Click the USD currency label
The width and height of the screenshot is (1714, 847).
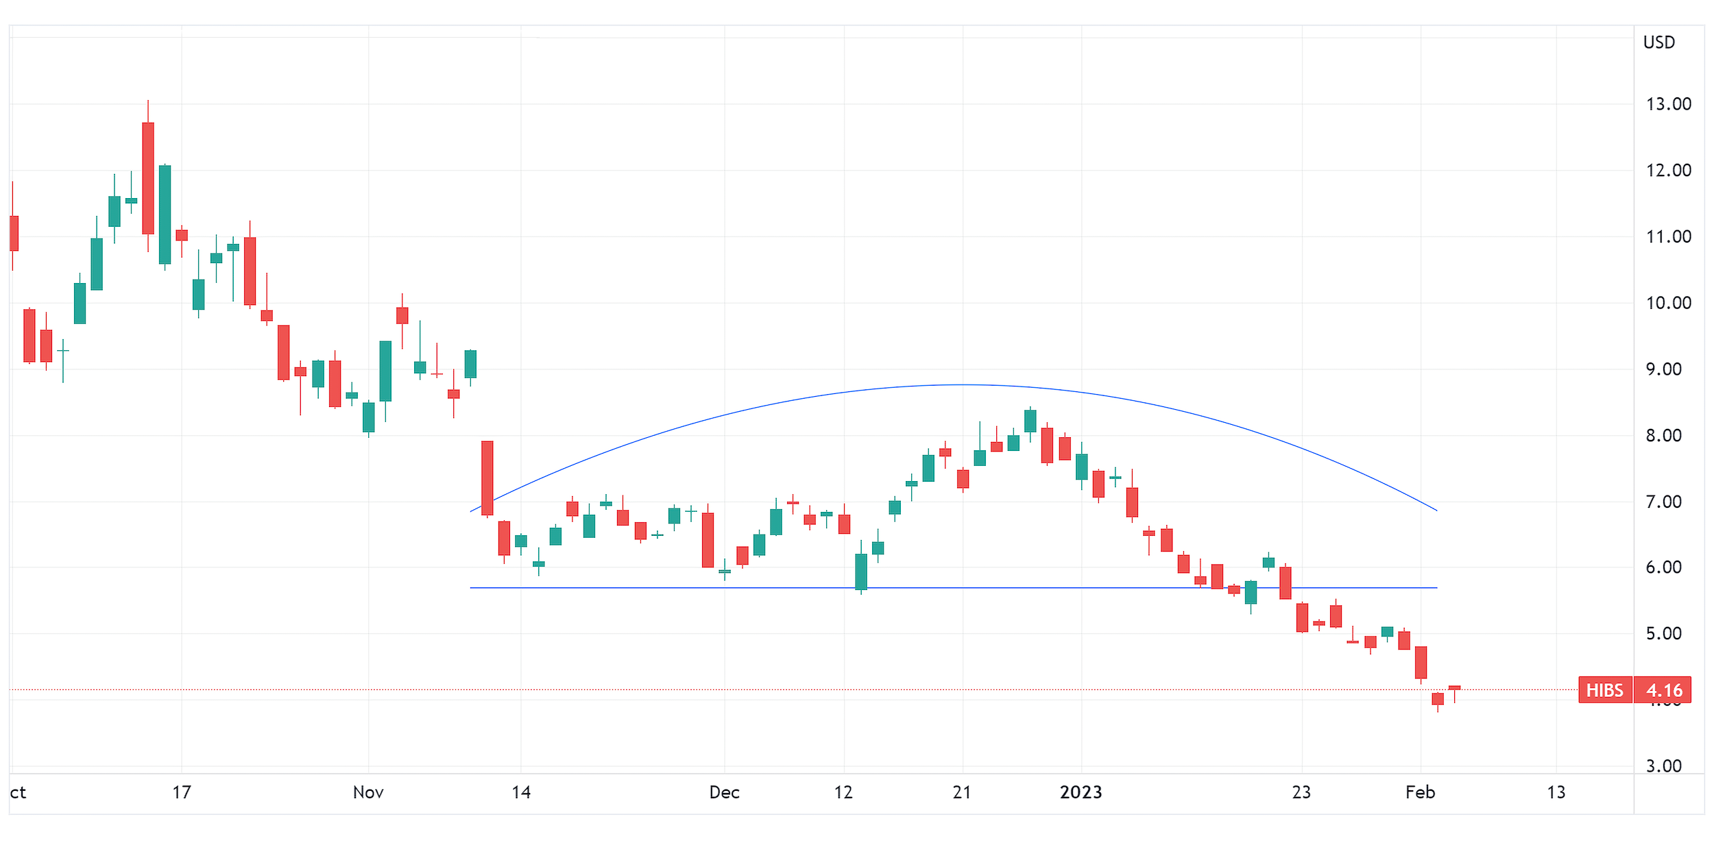coord(1658,42)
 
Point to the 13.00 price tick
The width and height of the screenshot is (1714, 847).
coord(1668,104)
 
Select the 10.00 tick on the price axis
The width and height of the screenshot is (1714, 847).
coord(1668,303)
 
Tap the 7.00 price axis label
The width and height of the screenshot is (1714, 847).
coord(1663,502)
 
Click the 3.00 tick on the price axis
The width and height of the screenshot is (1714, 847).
coord(1663,766)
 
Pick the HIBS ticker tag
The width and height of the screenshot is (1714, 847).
coord(1604,690)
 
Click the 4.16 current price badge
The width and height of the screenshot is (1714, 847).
coord(1664,690)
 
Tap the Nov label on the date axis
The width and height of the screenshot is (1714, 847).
coord(368,793)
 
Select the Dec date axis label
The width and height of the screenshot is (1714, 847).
coord(724,793)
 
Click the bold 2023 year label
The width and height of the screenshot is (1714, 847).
coord(1081,793)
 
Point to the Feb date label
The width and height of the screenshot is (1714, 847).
coord(1420,793)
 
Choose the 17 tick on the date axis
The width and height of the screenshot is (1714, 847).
coord(182,793)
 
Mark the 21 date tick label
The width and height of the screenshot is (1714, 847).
coord(962,793)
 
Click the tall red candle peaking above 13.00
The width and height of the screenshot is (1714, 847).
coord(148,178)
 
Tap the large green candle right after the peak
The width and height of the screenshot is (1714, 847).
coord(165,214)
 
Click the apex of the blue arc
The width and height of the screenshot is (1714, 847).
coord(963,384)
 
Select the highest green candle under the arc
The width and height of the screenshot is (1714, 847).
coord(1030,421)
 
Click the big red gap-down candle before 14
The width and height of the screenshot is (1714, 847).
coord(487,478)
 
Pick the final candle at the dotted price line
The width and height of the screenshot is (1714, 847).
coord(1454,687)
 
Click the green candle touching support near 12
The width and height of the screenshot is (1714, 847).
coord(861,572)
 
